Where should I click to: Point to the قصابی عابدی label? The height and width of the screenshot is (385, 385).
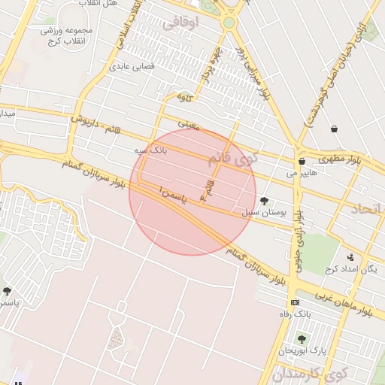click(132, 67)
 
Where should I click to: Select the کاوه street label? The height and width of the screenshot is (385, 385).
click(185, 98)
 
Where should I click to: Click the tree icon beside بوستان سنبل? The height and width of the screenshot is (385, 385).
click(264, 201)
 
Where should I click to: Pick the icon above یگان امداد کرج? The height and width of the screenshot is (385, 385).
click(350, 257)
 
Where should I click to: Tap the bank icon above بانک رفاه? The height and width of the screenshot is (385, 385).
click(295, 302)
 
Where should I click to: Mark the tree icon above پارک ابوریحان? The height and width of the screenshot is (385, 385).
click(302, 339)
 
